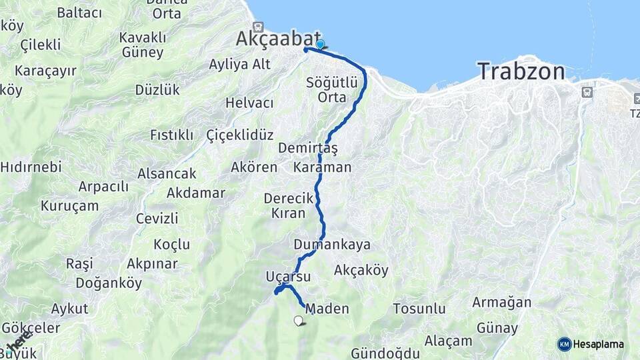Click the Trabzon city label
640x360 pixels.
521,71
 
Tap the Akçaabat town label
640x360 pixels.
278,39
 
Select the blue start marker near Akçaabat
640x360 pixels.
320,44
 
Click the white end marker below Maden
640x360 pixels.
298,321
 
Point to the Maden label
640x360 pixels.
327,308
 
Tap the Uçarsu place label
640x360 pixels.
288,276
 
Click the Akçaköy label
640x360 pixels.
361,270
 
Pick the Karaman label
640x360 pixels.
322,167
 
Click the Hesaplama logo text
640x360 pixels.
599,344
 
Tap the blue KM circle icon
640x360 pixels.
564,344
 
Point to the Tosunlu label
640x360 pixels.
419,309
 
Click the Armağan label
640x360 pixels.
501,302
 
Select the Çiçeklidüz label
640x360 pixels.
240,135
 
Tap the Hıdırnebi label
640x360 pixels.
31,167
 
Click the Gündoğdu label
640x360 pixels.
385,353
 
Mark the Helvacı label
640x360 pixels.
249,103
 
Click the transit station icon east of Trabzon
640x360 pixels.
587,92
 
